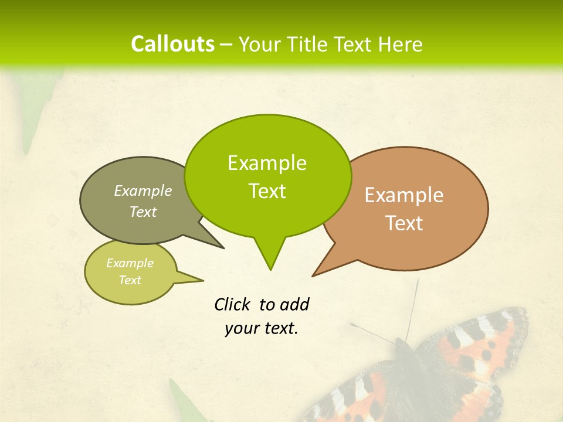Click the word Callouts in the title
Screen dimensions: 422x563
[x=172, y=44]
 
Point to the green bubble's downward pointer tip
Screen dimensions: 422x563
[x=270, y=270]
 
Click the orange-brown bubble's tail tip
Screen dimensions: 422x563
[x=313, y=275]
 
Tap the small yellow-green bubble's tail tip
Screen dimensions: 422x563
[x=203, y=280]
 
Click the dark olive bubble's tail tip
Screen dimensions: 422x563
[x=223, y=248]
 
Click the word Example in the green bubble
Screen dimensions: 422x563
[x=267, y=163]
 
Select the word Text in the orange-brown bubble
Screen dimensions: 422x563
[x=404, y=223]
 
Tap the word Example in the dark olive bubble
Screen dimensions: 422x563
[x=143, y=190]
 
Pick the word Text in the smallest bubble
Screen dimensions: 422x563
[x=130, y=280]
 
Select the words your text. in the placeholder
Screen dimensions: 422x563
[x=262, y=328]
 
